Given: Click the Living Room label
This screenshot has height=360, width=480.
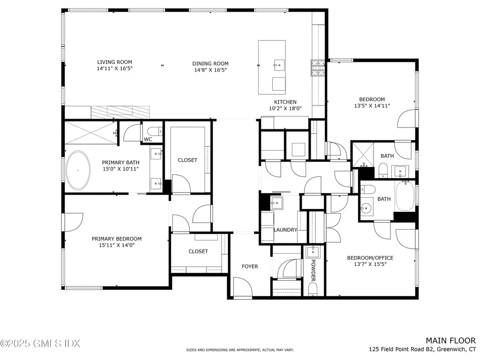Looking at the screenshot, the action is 114,62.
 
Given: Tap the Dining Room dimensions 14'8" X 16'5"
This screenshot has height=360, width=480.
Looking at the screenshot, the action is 210,70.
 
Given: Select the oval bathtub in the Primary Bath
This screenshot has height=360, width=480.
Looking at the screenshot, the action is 78,170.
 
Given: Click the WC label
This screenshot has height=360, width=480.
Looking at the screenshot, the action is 148,139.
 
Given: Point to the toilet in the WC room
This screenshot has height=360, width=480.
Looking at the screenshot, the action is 155,131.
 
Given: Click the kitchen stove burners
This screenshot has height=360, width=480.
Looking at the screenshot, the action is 318,67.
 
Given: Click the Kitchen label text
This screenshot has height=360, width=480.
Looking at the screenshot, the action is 285,102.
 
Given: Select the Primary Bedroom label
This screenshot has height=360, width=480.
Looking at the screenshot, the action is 117,239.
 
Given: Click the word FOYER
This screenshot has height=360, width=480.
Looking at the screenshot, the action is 250,266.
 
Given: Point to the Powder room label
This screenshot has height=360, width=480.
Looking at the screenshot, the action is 313,270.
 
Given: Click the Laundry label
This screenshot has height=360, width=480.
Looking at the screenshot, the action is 285,230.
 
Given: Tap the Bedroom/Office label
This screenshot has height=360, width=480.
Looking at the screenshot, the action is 370,258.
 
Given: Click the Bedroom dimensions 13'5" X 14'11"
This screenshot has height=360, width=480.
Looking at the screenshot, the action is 372,106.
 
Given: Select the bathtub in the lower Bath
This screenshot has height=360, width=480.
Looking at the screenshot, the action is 405,196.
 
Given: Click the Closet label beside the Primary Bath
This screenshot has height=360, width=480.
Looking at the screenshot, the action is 187,160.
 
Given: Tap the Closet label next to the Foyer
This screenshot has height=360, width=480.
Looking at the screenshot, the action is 198,251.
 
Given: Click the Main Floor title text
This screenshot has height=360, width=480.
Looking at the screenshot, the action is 450,341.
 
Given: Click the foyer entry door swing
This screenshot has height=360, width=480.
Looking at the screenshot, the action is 243,287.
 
